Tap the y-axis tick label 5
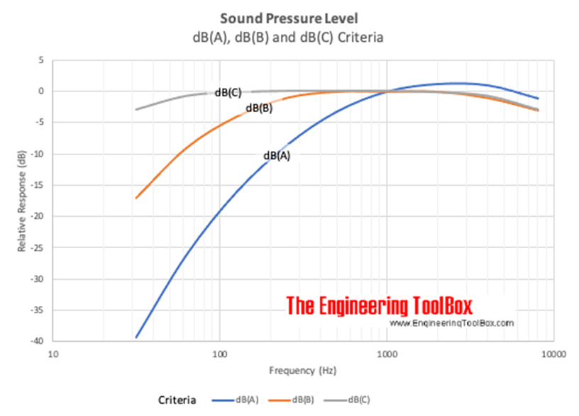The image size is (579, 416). (x=43, y=61)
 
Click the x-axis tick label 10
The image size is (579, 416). (x=52, y=352)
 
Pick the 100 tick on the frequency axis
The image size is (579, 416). (x=219, y=352)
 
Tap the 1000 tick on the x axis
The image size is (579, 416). (x=387, y=352)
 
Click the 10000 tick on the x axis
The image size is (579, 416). (x=553, y=352)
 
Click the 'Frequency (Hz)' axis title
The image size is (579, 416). (x=303, y=370)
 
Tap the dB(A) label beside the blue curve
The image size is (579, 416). (x=277, y=156)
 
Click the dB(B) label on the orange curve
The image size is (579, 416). (x=259, y=108)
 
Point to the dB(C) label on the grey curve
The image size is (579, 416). (x=228, y=92)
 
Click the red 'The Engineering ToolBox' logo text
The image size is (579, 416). (x=380, y=305)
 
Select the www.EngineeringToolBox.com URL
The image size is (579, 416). (x=451, y=322)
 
